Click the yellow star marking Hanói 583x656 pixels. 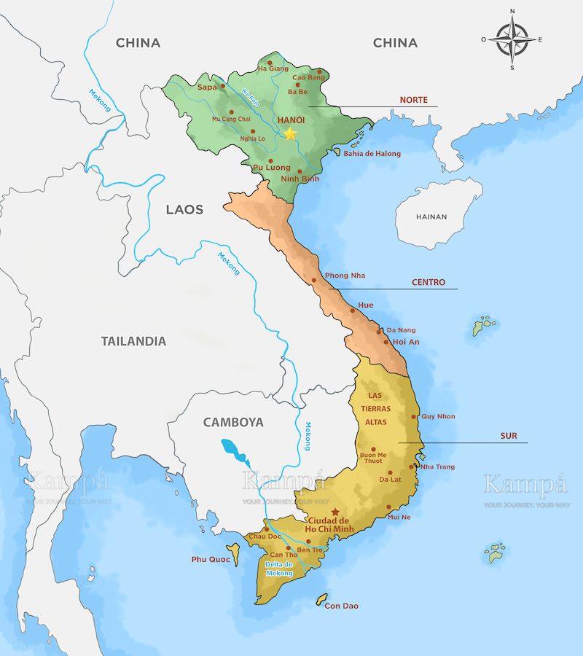(x=290, y=133)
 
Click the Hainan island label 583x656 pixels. (x=431, y=216)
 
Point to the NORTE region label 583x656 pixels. (x=413, y=100)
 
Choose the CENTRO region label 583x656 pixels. (x=429, y=282)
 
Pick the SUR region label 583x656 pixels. (x=509, y=436)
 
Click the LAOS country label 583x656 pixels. (x=184, y=209)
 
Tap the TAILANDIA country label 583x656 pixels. (x=133, y=340)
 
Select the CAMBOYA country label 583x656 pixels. (x=233, y=422)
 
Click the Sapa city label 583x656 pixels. (x=208, y=87)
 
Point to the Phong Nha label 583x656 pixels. (x=345, y=276)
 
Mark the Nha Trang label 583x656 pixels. (x=437, y=466)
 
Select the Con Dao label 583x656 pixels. (x=342, y=606)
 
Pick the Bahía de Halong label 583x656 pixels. (x=372, y=154)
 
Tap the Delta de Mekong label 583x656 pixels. (x=279, y=569)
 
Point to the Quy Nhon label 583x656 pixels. (x=438, y=416)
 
